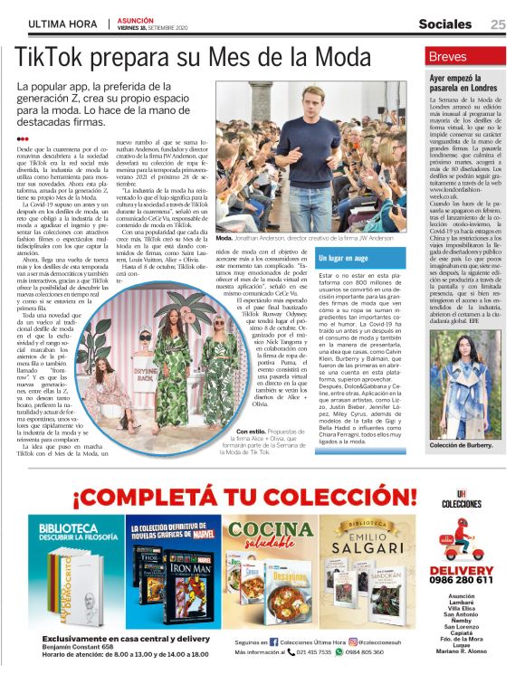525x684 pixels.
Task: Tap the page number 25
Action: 499,24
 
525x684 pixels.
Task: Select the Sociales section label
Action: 444,24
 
